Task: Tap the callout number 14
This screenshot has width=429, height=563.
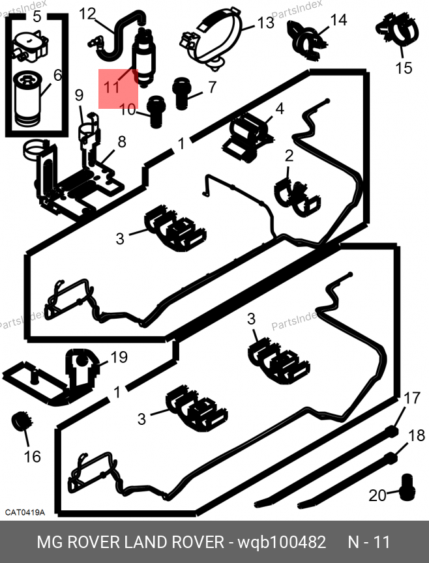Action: click(x=338, y=20)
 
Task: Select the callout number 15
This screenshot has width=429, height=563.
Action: click(x=404, y=67)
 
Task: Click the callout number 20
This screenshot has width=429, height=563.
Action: click(x=377, y=496)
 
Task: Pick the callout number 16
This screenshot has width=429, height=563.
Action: click(x=32, y=456)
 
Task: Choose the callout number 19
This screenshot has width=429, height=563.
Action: click(x=118, y=357)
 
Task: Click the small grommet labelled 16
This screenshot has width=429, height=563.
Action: click(x=22, y=422)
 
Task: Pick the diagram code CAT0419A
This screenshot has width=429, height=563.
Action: click(x=25, y=512)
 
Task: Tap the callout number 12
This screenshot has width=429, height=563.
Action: click(x=87, y=12)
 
